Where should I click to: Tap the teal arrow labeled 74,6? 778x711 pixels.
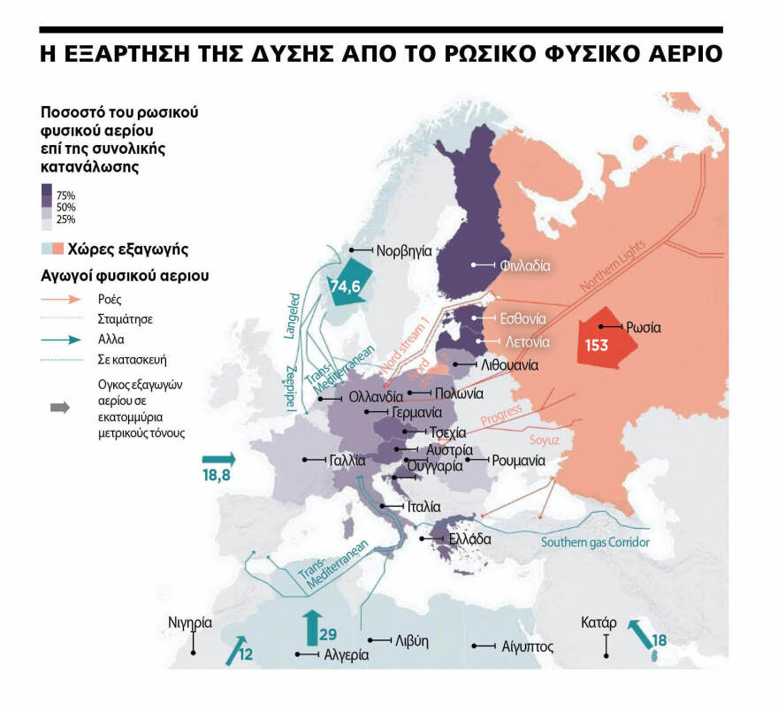pos(351,285)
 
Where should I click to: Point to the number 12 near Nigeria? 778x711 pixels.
pos(246,655)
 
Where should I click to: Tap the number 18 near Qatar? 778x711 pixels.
pos(659,640)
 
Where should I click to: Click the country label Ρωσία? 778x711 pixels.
pos(644,327)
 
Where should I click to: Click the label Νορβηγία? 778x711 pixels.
pos(403,250)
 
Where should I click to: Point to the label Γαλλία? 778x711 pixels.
pos(347,460)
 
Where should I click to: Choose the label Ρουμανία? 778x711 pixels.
pos(518,460)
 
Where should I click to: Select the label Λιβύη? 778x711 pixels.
pos(412,639)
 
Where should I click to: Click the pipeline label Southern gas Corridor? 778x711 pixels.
pos(595,542)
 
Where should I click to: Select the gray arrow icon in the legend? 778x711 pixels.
pos(60,408)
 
